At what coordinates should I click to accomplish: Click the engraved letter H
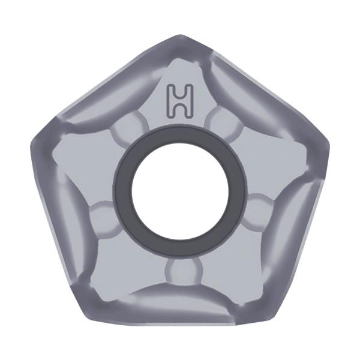click(180, 101)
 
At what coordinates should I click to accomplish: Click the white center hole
click(180, 191)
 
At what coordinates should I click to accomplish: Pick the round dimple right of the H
click(224, 122)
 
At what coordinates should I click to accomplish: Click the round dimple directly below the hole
click(184, 271)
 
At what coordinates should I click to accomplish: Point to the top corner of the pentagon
click(180, 35)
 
